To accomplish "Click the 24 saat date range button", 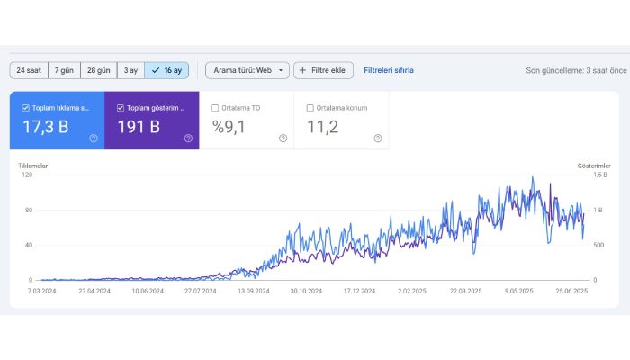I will coord(28,70).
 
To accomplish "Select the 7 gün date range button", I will coord(63,70).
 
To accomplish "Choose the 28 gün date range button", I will coord(98,70).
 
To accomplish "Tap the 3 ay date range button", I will coord(130,70).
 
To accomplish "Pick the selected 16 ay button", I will coord(166,70).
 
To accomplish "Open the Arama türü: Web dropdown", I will coord(247,70).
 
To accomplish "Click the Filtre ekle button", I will coord(323,70).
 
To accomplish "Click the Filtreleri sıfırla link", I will coord(389,70).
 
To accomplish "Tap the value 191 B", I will coord(139,127).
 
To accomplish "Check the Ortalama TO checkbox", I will coord(215,108).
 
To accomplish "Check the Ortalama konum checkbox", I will coord(310,108).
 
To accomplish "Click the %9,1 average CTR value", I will coord(230,127).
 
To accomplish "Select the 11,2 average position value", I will coord(323,127).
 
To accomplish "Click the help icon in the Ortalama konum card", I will coord(378,139).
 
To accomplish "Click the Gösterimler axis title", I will coord(594,166).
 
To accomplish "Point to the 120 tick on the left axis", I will coord(26,175).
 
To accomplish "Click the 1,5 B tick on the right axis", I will coord(600,175).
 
